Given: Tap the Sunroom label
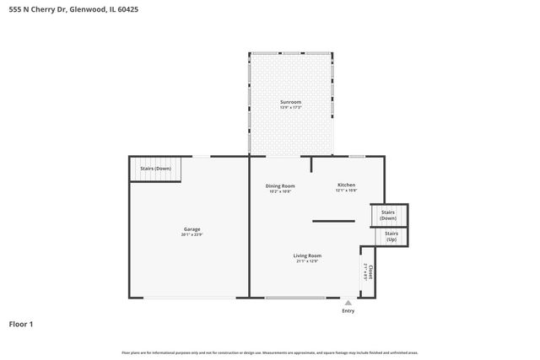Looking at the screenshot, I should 290,102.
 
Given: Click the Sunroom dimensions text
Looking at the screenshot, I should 290,108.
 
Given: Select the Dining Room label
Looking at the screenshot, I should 280,185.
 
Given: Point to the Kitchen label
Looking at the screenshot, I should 347,185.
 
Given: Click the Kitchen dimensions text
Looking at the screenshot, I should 347,191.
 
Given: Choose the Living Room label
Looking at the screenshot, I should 307,255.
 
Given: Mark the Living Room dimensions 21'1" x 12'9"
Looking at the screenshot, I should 307,261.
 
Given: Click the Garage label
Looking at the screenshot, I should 192,228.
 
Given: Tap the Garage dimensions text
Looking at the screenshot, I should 192,234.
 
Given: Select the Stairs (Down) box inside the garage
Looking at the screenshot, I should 155,169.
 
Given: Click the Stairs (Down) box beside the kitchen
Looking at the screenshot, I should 388,215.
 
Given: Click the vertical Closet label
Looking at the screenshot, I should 370,271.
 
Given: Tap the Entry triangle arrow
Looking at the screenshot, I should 348,302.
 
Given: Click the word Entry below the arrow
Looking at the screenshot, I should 348,311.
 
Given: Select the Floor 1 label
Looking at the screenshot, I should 20,324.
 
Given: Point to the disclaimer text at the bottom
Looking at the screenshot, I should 270,352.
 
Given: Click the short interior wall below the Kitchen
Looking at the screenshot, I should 333,221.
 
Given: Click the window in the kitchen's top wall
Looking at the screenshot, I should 357,156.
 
